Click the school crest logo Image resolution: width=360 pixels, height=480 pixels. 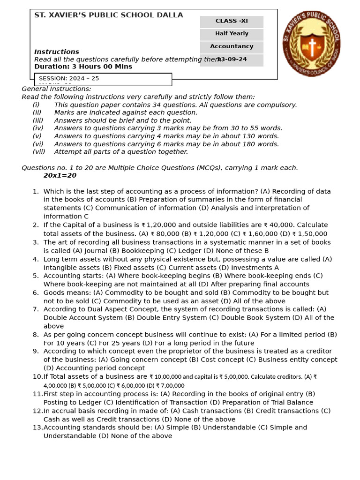pos(311,44)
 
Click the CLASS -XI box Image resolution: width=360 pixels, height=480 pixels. pos(232,21)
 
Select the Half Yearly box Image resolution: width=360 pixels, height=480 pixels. pos(232,34)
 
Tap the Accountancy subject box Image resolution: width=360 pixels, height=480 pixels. pos(232,46)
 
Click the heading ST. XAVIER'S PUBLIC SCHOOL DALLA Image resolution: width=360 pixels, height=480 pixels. pos(109,15)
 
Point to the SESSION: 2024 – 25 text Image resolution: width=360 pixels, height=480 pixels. pos(69,78)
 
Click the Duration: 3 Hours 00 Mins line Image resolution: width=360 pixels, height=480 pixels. pos(83,67)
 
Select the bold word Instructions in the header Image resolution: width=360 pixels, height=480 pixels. pos(57,52)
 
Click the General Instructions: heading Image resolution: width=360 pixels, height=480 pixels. pos(56,89)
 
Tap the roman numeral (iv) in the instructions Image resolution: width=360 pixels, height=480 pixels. pos(38,128)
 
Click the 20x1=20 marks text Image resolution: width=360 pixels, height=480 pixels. pos(60,176)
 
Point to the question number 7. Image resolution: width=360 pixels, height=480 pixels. pos(36,309)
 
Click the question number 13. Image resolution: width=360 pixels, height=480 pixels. pos(37,427)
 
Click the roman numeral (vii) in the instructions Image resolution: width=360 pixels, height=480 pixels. pos(39,152)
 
